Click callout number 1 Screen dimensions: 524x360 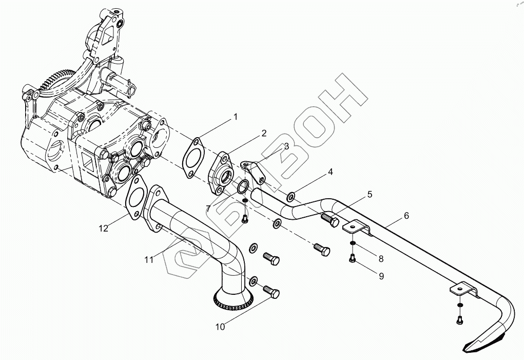click(x=236, y=117)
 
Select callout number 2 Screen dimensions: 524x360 click(x=264, y=134)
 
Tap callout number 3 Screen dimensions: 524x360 click(x=286, y=146)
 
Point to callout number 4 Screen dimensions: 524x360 click(x=331, y=172)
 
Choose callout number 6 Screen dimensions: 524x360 click(x=406, y=216)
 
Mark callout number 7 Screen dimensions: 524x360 click(x=208, y=209)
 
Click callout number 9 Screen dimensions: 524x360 click(x=380, y=276)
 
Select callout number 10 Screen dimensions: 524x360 click(x=220, y=327)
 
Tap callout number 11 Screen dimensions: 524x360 click(x=149, y=260)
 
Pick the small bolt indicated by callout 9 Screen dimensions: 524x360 click(x=352, y=259)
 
